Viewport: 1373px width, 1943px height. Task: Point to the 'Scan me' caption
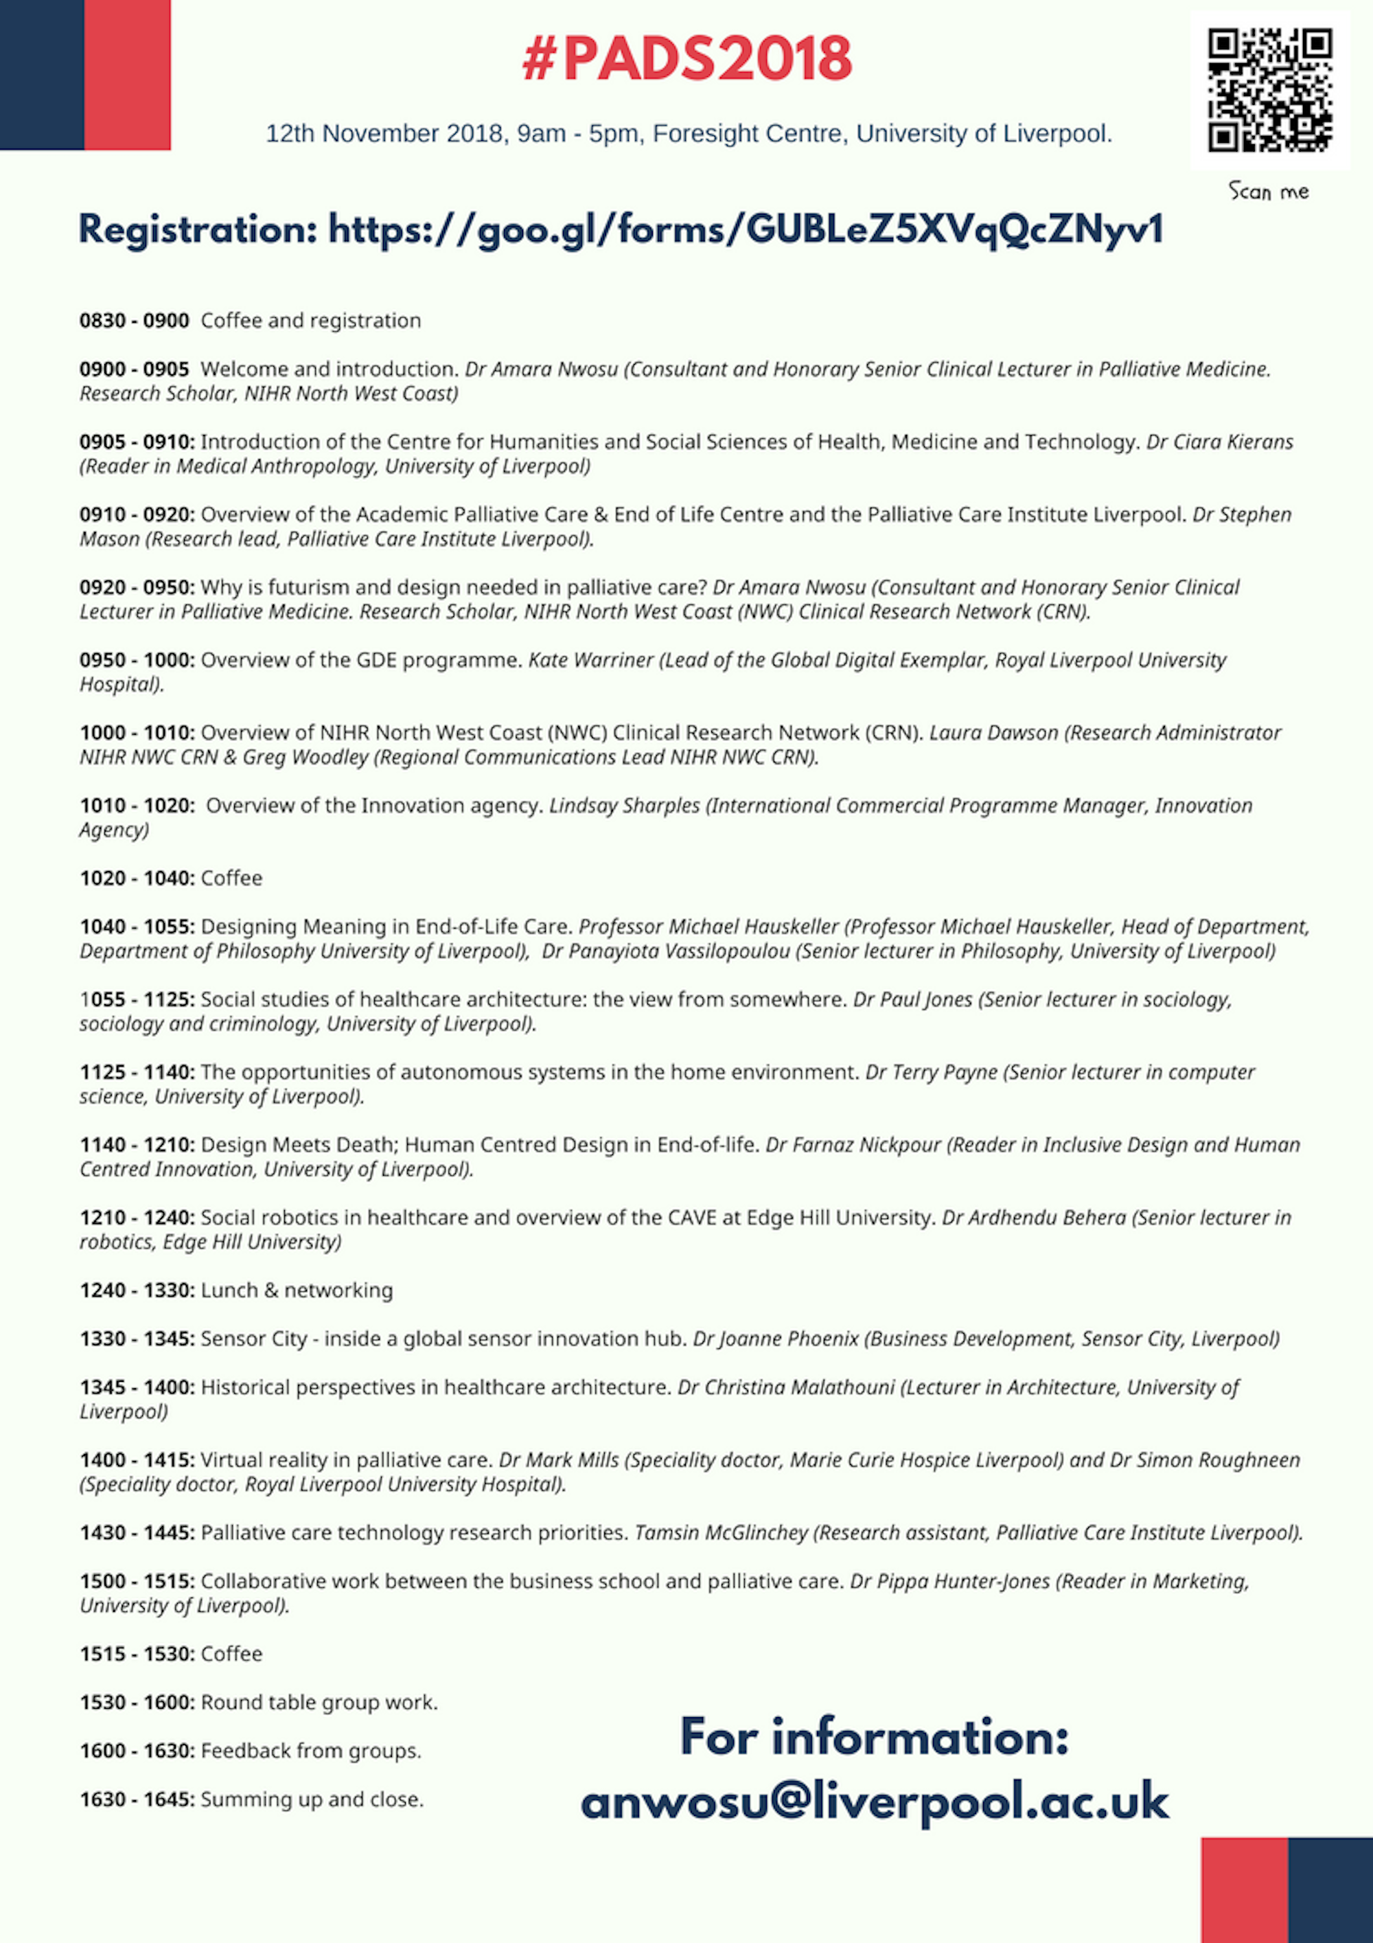tap(1268, 192)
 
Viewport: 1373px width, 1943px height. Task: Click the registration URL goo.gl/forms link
tap(744, 230)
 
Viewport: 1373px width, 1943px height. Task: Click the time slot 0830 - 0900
tap(134, 321)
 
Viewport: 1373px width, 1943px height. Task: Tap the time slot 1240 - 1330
tap(136, 1291)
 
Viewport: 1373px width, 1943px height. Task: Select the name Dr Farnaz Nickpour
tap(853, 1145)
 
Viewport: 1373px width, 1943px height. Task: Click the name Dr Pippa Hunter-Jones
tap(949, 1582)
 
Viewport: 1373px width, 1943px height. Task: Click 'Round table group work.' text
tap(319, 1702)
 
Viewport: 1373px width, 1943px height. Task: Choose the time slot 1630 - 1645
tap(136, 1799)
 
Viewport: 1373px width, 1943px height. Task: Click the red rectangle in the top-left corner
tap(127, 74)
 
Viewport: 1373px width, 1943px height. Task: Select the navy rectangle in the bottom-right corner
tap(1330, 1889)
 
